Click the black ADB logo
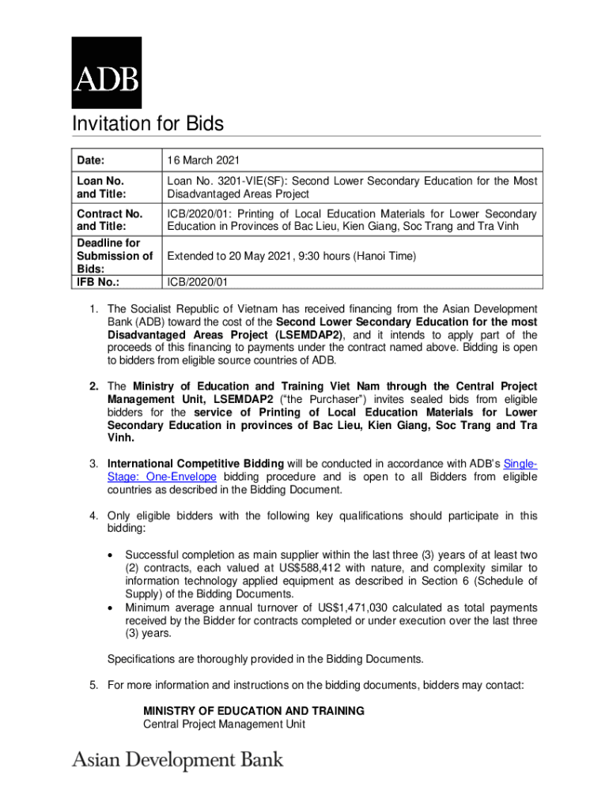(x=107, y=73)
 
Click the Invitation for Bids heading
(x=148, y=124)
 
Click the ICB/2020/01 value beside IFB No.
(x=198, y=282)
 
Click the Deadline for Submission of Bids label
(x=113, y=256)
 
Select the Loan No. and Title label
(x=100, y=187)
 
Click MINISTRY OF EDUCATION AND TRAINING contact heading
(x=253, y=711)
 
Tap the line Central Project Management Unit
(x=224, y=724)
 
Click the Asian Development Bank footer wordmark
(x=178, y=760)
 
